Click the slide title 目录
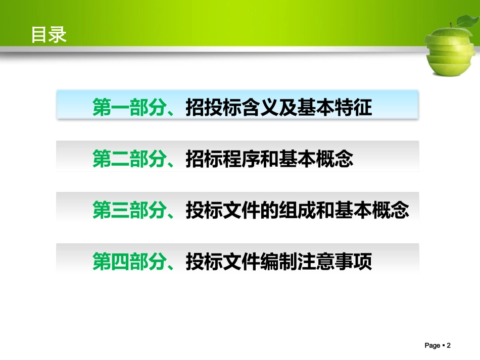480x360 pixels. pyautogui.click(x=49, y=35)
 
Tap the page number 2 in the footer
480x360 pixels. pyautogui.click(x=448, y=346)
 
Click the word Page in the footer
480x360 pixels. pyautogui.click(x=433, y=346)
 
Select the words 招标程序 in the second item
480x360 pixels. pyautogui.click(x=222, y=159)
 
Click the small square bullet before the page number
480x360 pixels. pyautogui.click(x=443, y=346)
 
